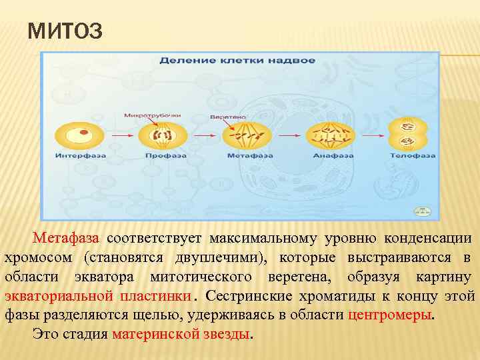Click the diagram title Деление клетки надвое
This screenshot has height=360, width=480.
pyautogui.click(x=237, y=61)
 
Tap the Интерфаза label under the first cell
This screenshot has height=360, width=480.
pyautogui.click(x=79, y=155)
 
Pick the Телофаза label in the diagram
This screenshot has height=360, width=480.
pyautogui.click(x=413, y=155)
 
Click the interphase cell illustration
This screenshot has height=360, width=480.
pyautogui.click(x=80, y=135)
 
